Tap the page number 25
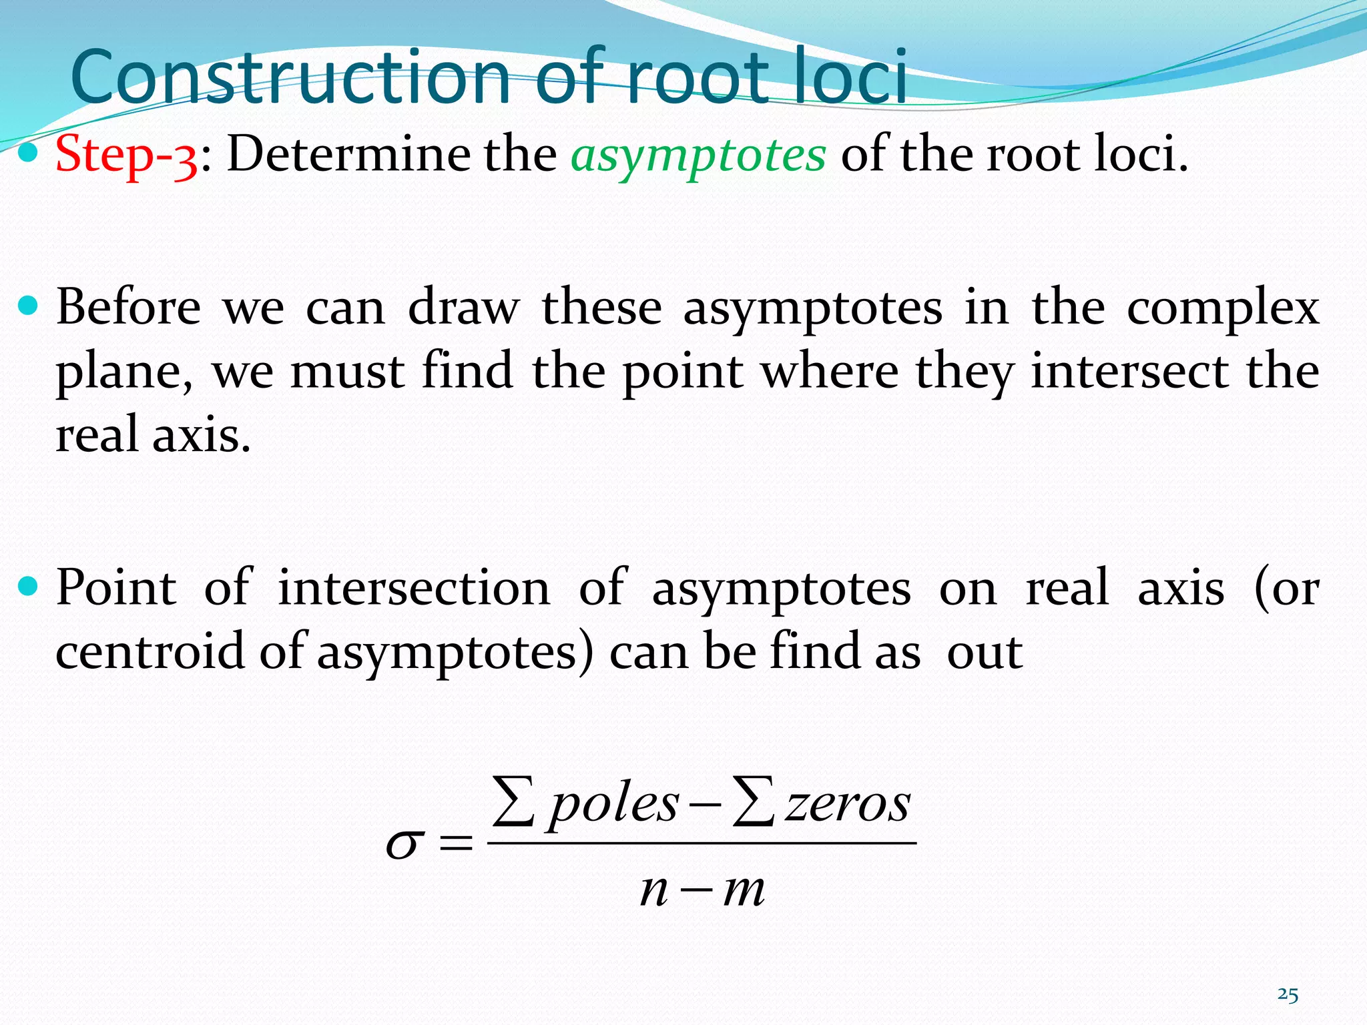[x=1288, y=995]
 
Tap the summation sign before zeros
[x=752, y=801]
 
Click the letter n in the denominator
[x=654, y=890]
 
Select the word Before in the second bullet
[x=128, y=308]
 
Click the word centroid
[x=150, y=651]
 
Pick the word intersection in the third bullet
[x=414, y=588]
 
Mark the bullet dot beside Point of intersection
[x=29, y=587]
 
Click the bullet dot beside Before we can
[x=29, y=306]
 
